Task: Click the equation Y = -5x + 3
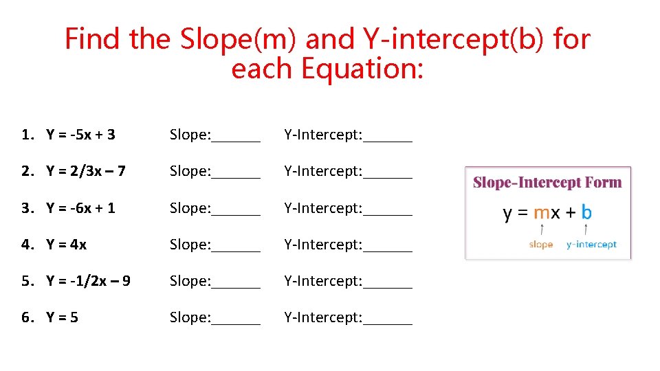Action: tap(80, 135)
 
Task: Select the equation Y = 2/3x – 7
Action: tap(86, 171)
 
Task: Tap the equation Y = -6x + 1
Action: tap(80, 207)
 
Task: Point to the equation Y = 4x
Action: tap(67, 244)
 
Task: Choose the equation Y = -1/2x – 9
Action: tap(89, 280)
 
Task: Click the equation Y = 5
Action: tap(62, 317)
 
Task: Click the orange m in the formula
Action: tap(542, 212)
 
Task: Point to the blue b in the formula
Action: tap(586, 212)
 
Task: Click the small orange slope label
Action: tap(541, 245)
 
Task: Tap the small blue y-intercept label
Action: tap(591, 245)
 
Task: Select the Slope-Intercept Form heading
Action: tap(547, 183)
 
